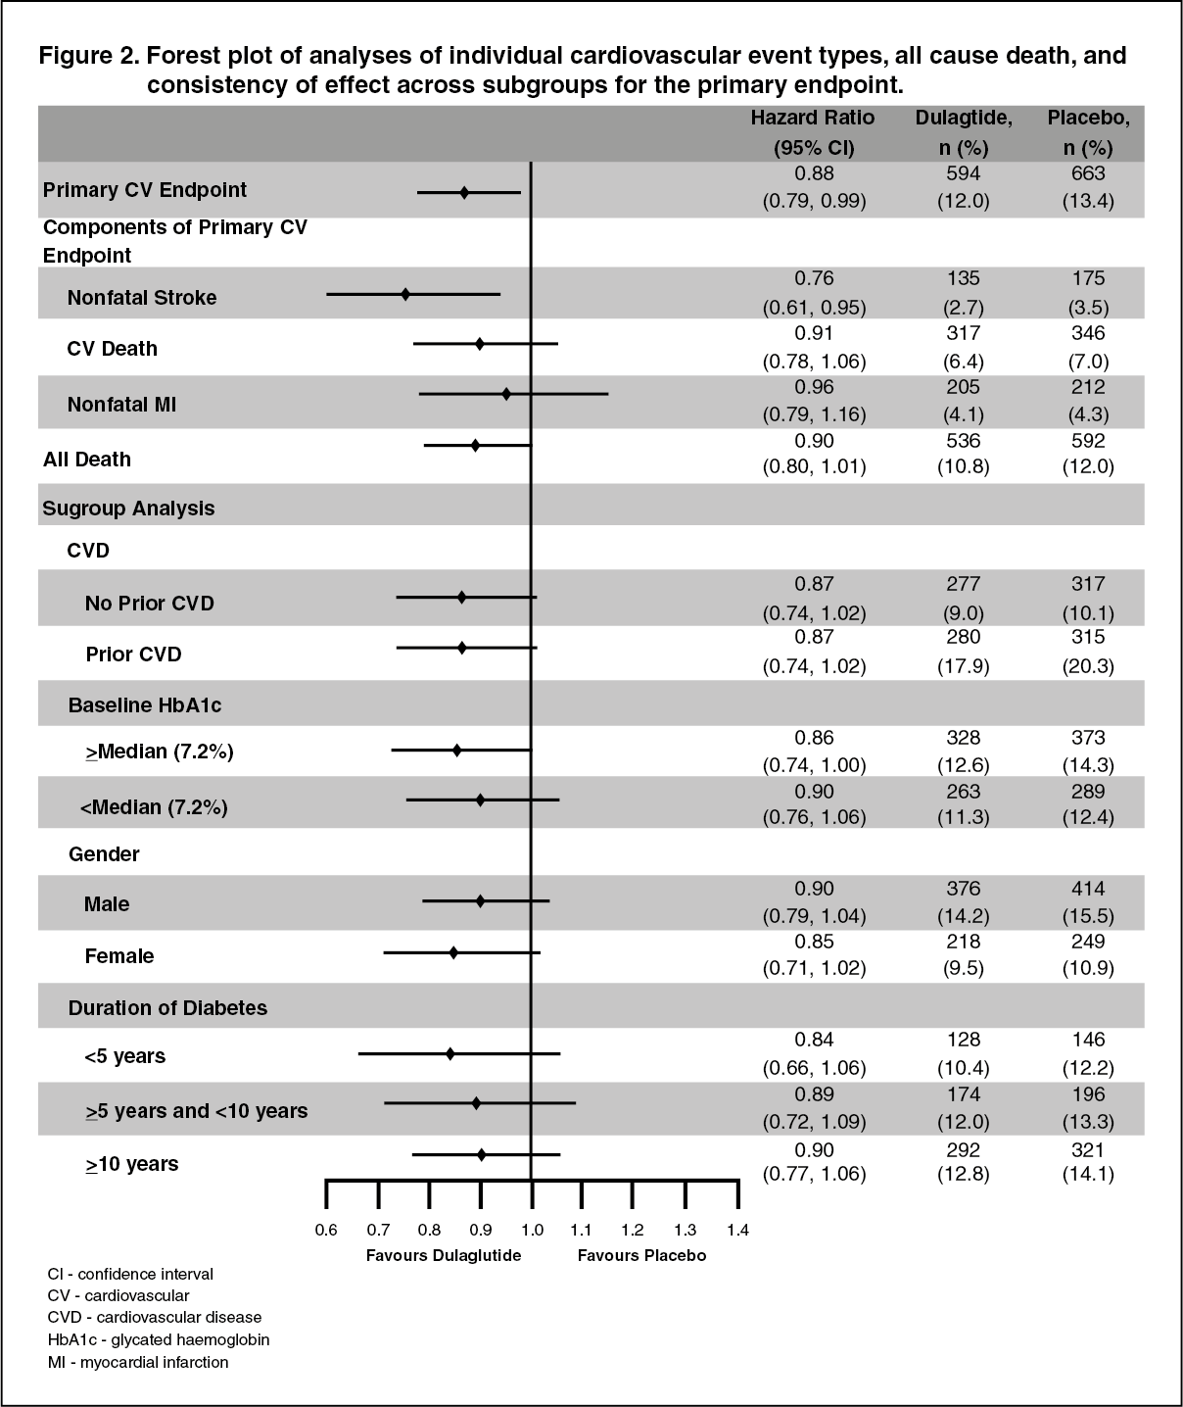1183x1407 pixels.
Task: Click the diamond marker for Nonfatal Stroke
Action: pos(405,293)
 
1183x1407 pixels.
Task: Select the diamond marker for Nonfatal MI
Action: pos(506,394)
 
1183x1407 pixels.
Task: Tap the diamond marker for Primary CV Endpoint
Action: pos(464,192)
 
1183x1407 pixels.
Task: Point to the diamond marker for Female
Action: pos(453,951)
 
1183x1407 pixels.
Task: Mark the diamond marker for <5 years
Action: pos(450,1053)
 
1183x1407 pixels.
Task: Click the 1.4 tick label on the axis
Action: pos(736,1231)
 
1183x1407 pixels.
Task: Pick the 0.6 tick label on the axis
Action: pos(326,1231)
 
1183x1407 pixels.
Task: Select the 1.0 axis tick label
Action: pos(531,1231)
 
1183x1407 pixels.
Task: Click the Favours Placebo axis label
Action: pos(641,1255)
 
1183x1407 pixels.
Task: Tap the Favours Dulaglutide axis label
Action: pos(444,1255)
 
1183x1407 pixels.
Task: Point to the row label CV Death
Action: pos(112,349)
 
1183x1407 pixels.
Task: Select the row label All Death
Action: pos(87,459)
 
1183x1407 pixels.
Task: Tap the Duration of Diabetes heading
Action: pos(167,1007)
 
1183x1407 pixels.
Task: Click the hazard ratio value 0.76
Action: pos(814,279)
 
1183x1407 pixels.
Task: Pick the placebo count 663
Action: pos(1088,173)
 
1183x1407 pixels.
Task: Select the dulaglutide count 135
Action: pos(964,279)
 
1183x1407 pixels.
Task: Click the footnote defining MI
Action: pos(138,1362)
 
